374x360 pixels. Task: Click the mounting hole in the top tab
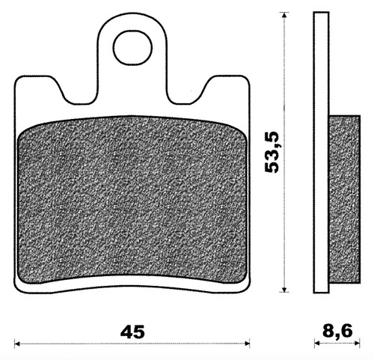132,48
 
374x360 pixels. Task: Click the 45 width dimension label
132,332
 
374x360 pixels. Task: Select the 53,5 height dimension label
272,152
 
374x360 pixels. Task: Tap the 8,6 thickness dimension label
337,332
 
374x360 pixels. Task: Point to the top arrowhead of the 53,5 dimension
283,15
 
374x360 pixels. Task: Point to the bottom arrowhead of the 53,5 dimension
283,289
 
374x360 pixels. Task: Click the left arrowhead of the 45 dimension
17,344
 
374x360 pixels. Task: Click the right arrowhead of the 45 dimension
247,344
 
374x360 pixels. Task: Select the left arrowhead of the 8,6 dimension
317,344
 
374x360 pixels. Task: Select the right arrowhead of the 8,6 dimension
357,344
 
